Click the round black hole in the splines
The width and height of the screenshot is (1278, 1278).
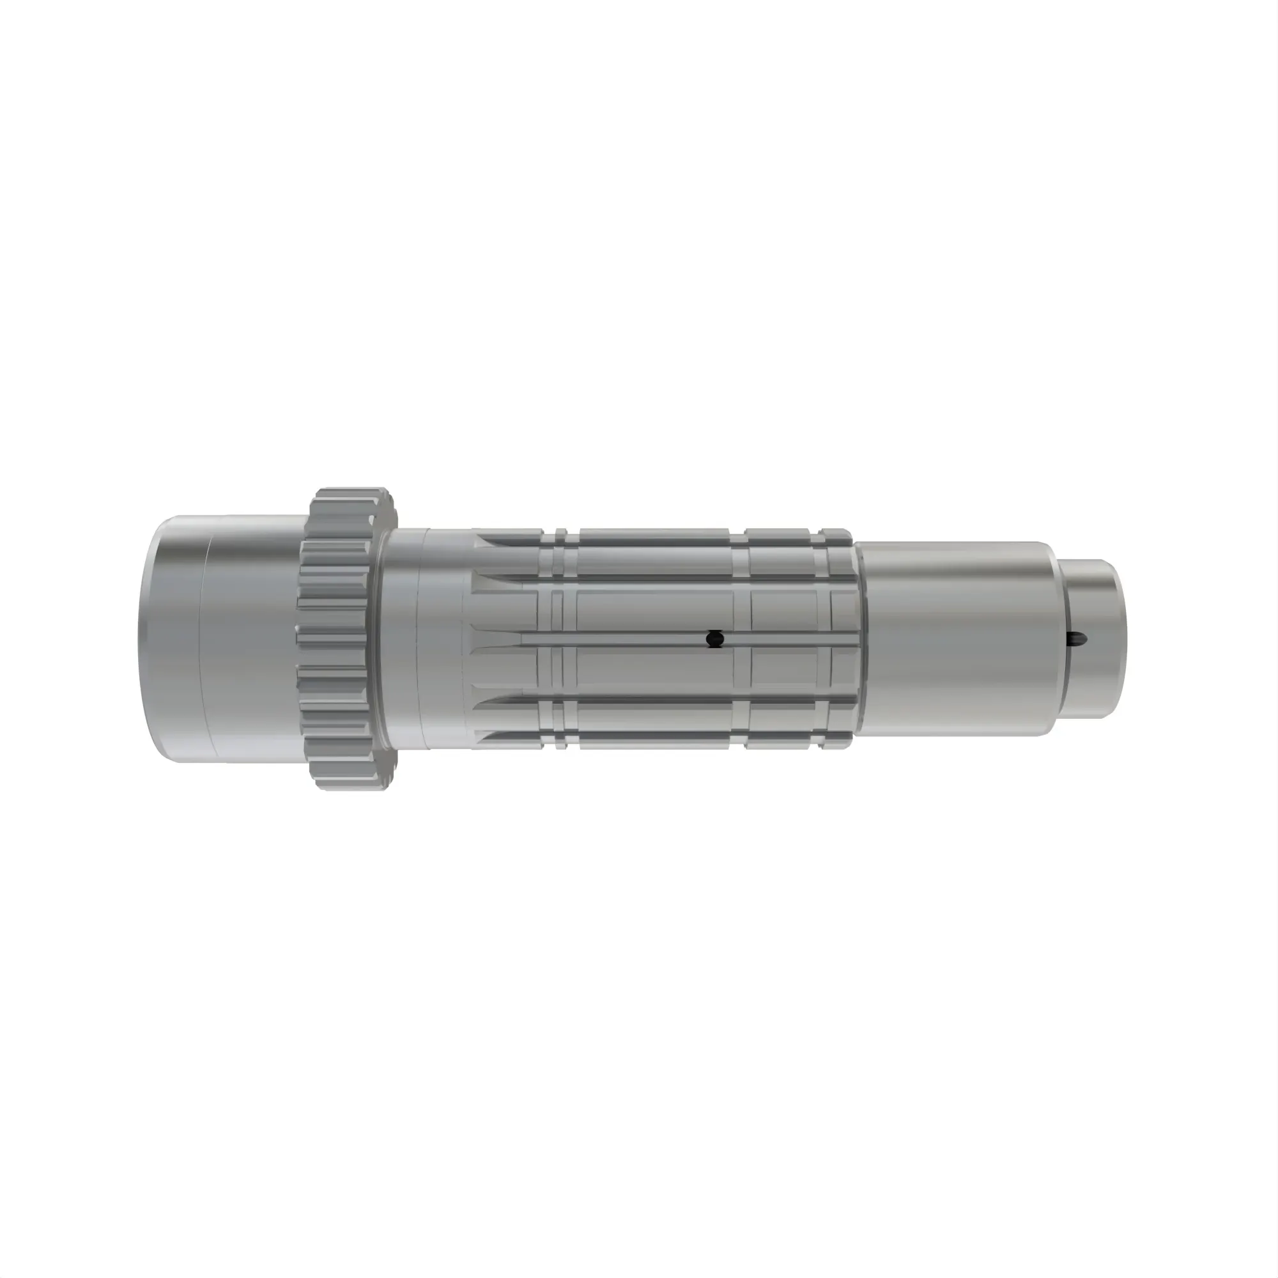coord(714,639)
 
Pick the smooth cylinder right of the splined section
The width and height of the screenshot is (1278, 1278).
coord(953,638)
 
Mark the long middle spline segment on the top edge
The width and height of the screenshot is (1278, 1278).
coord(655,534)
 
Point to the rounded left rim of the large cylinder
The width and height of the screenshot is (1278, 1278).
coord(147,638)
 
